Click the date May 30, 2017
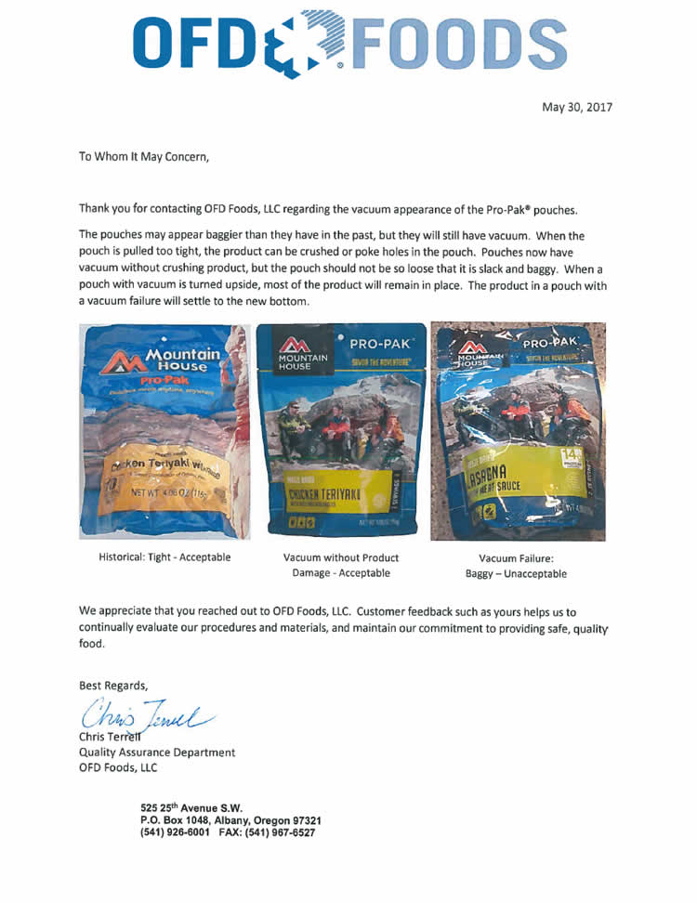(x=577, y=107)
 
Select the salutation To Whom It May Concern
(x=144, y=157)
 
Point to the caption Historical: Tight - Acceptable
(x=164, y=557)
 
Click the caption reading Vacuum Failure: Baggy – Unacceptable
(x=516, y=566)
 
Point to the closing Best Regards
(x=113, y=686)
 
